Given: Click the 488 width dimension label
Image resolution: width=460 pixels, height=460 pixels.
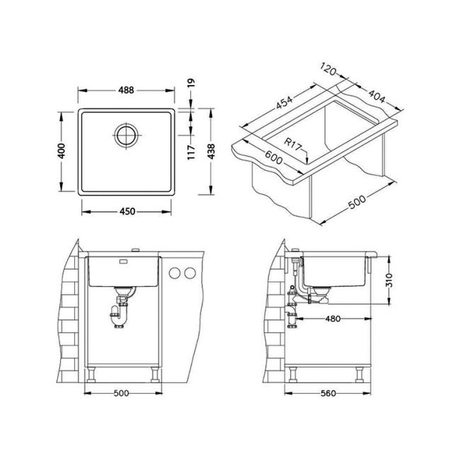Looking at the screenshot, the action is point(126,90).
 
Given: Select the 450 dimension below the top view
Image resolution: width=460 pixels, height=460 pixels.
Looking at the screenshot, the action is point(127,211).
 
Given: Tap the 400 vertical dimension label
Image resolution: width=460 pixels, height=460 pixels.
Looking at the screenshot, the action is point(61,150).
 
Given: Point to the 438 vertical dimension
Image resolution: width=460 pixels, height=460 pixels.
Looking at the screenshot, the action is point(211,151).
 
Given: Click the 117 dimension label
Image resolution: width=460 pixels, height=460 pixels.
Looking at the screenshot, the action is point(191,152).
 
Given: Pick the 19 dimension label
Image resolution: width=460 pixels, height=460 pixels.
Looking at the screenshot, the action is point(191,83).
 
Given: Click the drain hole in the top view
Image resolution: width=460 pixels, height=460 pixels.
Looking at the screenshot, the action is point(126,135).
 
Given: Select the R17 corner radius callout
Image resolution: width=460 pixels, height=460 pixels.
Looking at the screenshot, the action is point(293,144).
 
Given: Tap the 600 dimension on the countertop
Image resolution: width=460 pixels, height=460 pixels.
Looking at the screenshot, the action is point(273,157).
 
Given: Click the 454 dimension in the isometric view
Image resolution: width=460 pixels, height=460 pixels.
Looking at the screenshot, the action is point(284,102).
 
